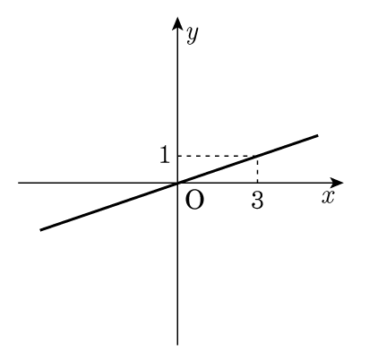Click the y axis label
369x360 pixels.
192,35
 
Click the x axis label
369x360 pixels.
328,197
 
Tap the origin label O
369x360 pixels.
194,200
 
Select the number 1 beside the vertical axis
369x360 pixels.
165,155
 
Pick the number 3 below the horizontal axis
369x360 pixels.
257,200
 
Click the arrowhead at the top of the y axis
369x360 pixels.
177,23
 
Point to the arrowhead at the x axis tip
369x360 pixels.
337,183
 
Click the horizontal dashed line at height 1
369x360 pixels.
218,156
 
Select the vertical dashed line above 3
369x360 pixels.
257,169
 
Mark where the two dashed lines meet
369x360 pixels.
257,156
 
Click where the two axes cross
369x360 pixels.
177,183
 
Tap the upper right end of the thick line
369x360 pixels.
318,135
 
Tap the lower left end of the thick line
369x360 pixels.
40,230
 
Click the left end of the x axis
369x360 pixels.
18,183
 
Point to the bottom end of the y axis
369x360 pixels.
177,345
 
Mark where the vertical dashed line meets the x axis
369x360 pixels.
257,183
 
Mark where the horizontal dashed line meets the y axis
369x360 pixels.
177,156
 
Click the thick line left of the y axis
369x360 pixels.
109,206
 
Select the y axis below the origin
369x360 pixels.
177,264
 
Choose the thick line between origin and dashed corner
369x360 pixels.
218,169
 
